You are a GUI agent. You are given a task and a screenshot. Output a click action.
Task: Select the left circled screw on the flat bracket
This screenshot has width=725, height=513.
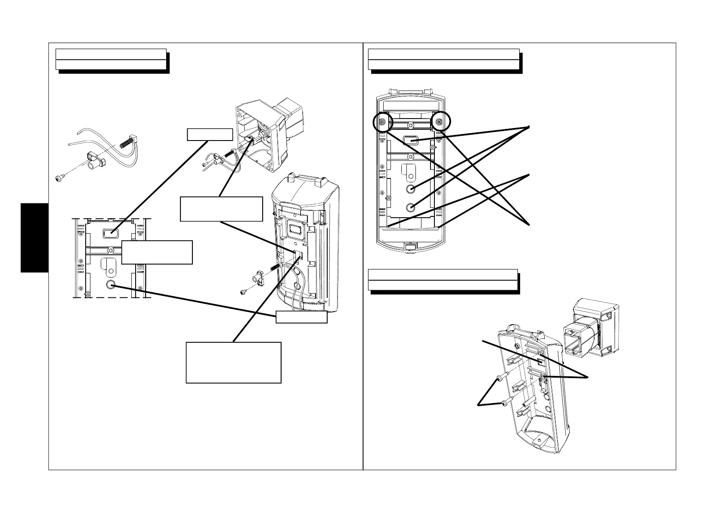coord(382,122)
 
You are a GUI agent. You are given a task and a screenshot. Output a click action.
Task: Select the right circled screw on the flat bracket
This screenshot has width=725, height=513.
coord(439,122)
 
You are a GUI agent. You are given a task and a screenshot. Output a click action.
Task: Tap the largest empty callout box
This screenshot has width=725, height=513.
coord(233,362)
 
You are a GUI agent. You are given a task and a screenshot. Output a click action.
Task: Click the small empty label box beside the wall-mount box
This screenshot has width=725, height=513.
coord(210,135)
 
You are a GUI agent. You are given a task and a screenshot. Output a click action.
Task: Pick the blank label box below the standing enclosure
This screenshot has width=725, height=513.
coord(301,317)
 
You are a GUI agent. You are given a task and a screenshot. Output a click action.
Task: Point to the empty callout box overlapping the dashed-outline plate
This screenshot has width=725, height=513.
coord(157,252)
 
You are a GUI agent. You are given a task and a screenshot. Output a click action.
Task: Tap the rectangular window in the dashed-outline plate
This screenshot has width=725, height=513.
coord(111,234)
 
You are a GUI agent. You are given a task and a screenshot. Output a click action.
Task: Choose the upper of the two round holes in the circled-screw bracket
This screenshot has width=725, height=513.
coord(411,189)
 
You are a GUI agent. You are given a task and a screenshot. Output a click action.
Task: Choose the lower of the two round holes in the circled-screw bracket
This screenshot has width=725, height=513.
coord(411,207)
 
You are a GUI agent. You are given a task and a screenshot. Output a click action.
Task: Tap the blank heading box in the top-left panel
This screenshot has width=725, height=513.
coord(111,59)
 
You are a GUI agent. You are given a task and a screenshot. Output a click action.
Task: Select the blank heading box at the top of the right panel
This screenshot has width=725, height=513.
coord(443,59)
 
